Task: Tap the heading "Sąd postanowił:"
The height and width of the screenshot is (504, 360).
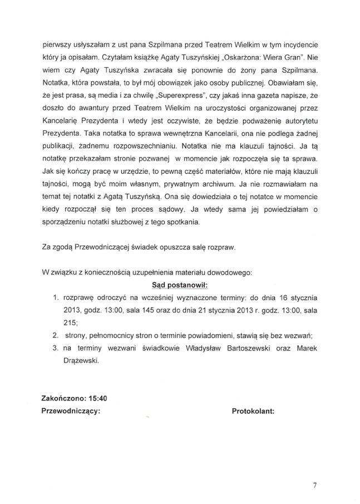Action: click(x=179, y=285)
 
